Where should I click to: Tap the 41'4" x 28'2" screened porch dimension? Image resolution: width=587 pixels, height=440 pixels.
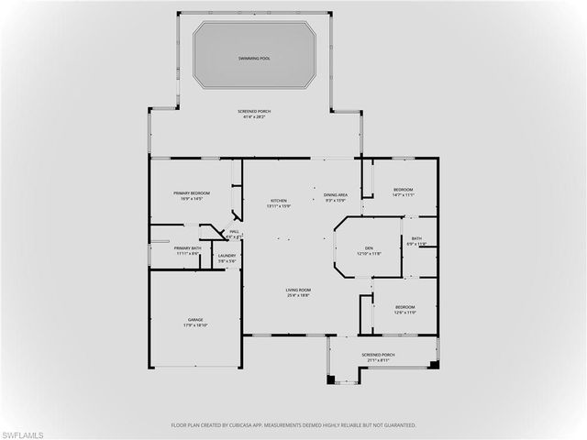point(257,117)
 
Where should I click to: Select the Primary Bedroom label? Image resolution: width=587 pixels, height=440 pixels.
point(193,192)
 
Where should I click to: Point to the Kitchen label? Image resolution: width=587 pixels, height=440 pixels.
point(278,201)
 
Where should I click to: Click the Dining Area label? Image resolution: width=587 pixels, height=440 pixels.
point(335,194)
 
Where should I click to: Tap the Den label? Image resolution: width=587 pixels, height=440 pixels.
point(368,247)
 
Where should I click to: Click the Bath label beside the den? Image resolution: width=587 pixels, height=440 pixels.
point(416,238)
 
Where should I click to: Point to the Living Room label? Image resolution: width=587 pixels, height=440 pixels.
point(298,290)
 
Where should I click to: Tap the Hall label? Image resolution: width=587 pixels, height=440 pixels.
point(234,232)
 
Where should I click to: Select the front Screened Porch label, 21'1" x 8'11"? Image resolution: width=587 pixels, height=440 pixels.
point(378,354)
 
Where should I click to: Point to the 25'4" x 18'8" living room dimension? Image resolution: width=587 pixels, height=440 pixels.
point(298,295)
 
